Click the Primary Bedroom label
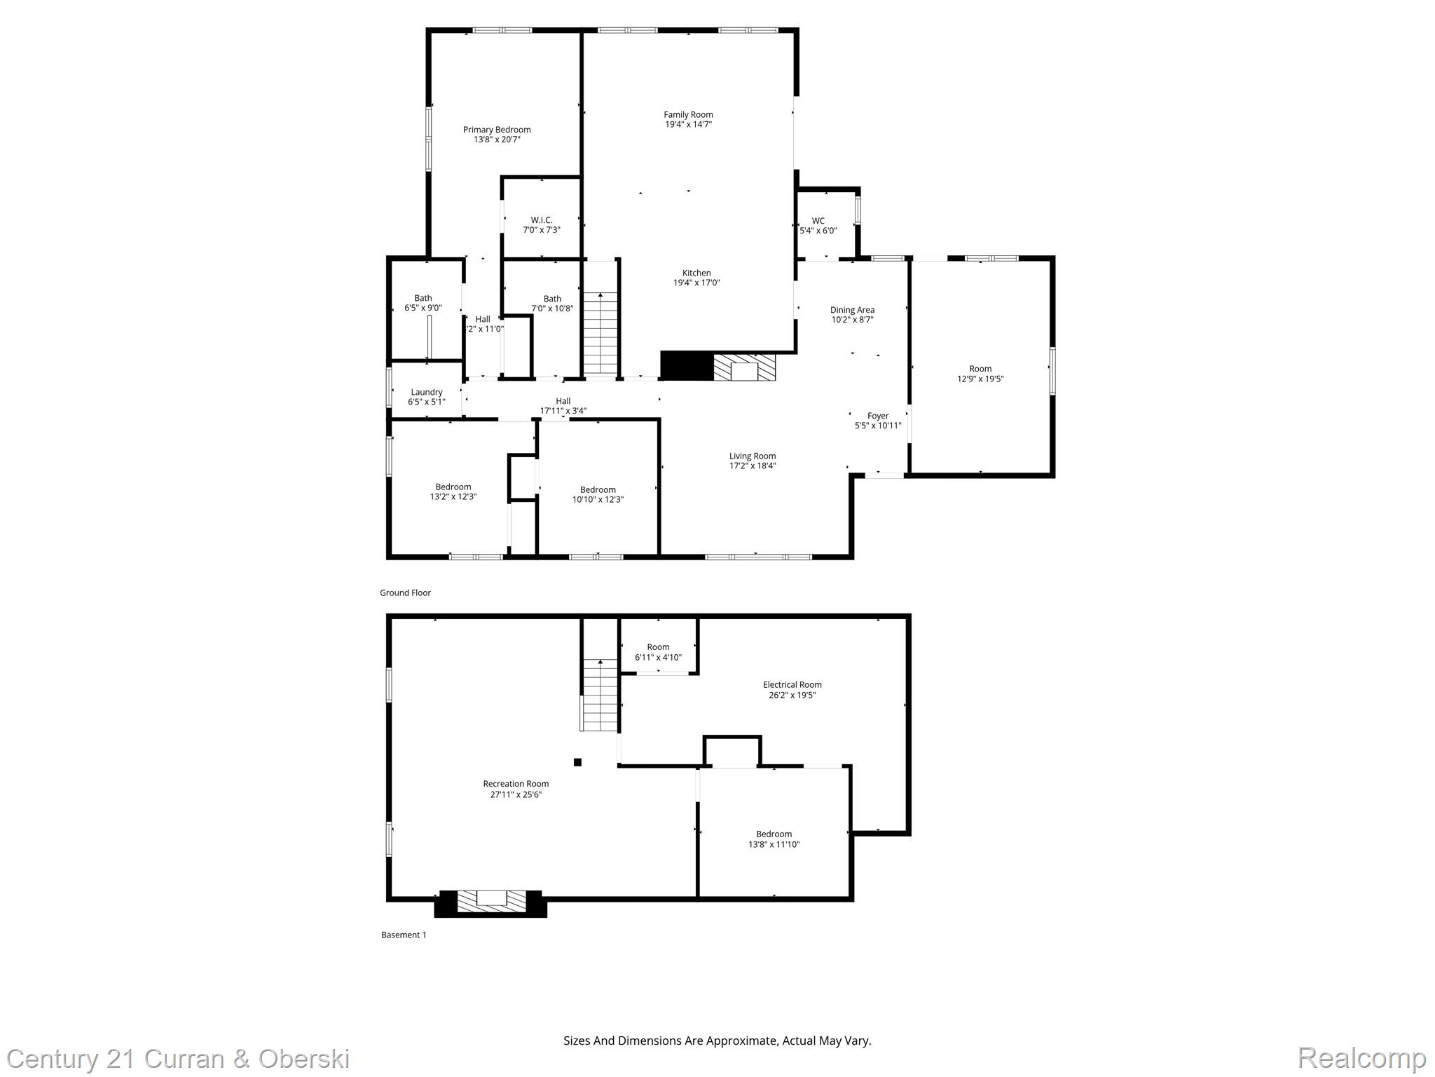[x=497, y=130]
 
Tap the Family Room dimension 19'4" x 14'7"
[x=688, y=125]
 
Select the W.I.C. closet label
[x=542, y=220]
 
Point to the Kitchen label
[x=696, y=273]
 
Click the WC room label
[x=818, y=221]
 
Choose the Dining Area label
[x=852, y=310]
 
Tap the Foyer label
[x=877, y=416]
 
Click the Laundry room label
[x=427, y=392]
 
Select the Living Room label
[x=753, y=456]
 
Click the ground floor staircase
[x=600, y=334]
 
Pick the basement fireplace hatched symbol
[x=491, y=902]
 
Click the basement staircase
[x=600, y=696]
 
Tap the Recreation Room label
[x=516, y=784]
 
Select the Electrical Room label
[x=792, y=685]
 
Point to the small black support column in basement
[x=577, y=762]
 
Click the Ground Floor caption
[x=405, y=592]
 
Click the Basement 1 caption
[x=404, y=935]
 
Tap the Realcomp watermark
[x=1361, y=1058]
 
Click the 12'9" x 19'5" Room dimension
[x=980, y=379]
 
